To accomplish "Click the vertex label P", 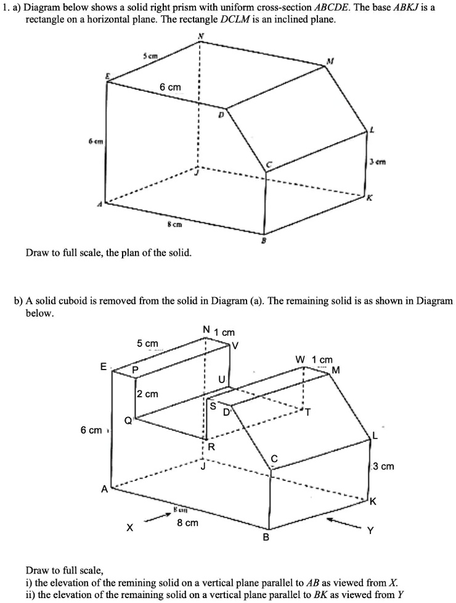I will coord(136,370).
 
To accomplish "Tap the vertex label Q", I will coord(128,421).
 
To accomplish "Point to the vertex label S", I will coord(213,406).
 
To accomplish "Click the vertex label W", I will coord(299,359).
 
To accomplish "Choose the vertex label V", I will coord(233,346).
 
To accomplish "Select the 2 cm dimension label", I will coord(147,394).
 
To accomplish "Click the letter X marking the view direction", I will coord(129,528).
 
